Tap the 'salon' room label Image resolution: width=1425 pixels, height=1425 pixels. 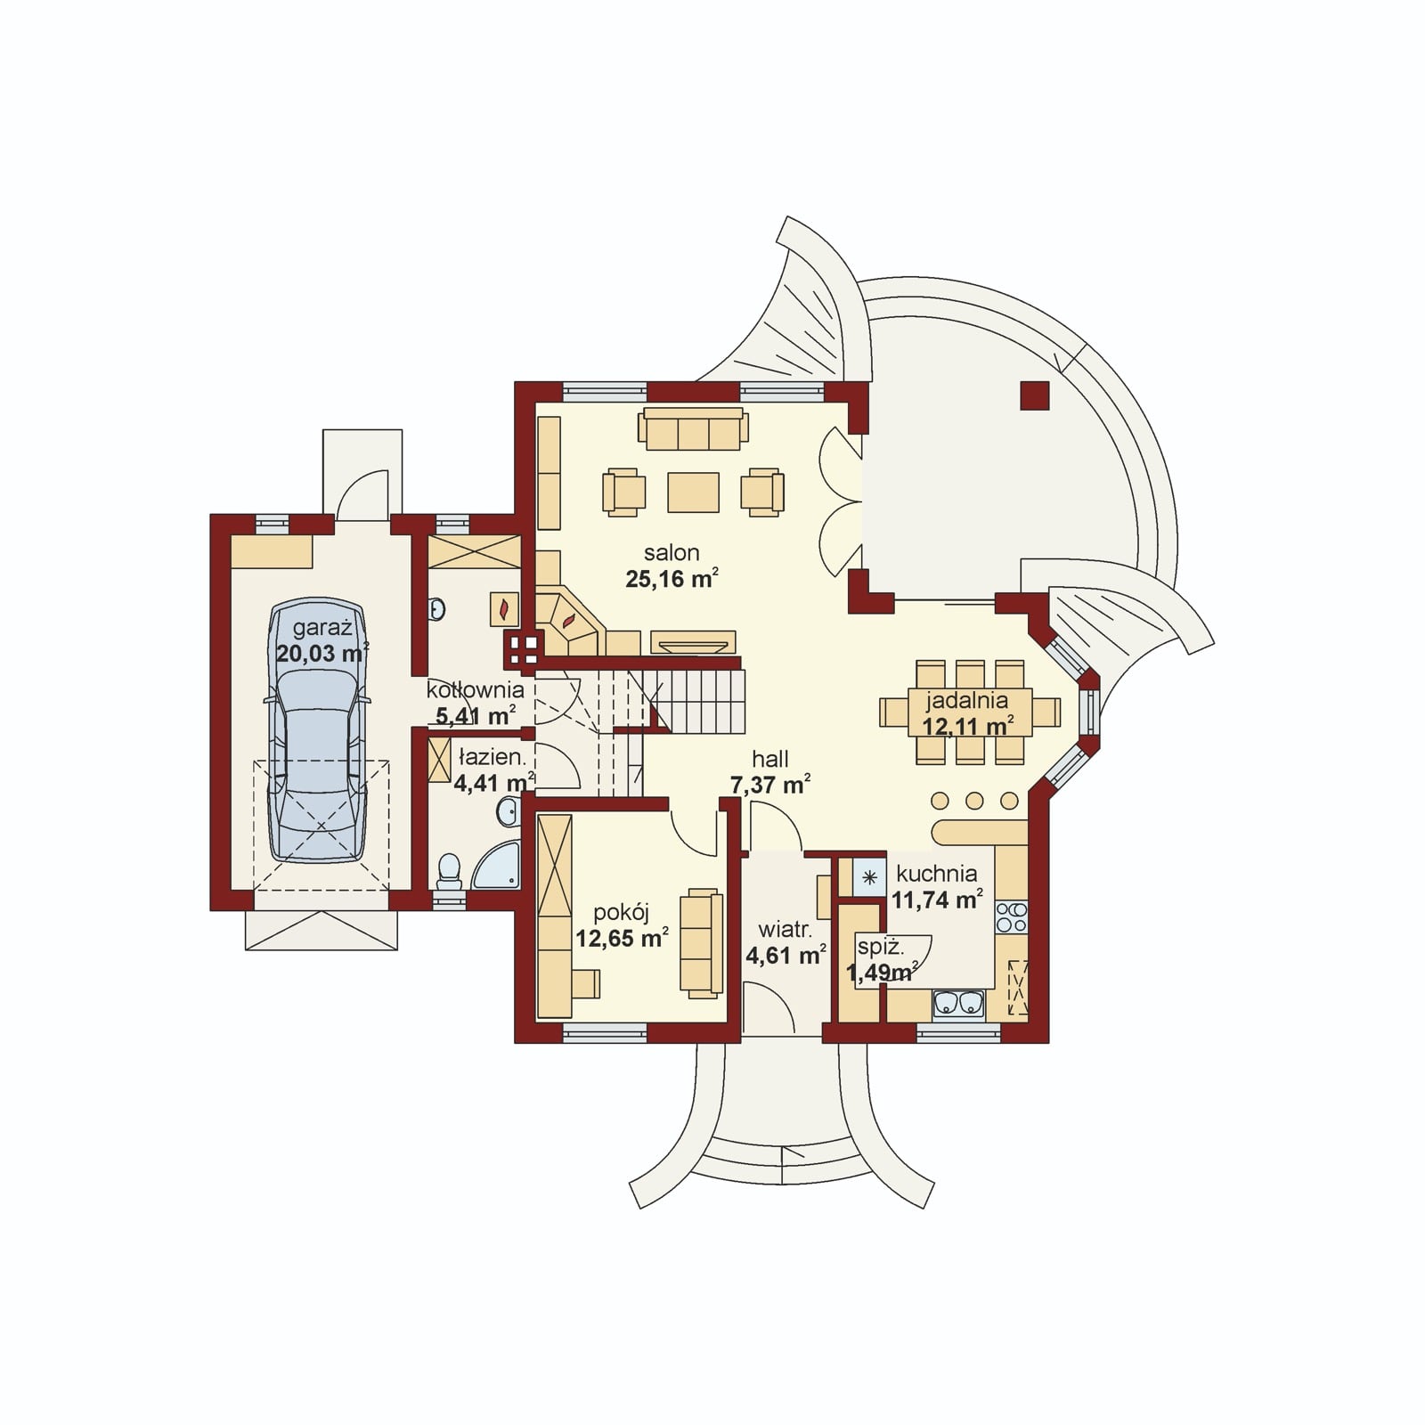point(672,552)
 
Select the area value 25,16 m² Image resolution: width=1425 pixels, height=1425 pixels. point(672,579)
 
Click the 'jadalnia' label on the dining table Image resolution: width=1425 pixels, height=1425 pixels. point(965,700)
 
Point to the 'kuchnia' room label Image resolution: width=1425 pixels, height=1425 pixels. point(936,874)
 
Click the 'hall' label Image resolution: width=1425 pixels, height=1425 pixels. point(770,759)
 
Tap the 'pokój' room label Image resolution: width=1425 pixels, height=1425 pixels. point(622,911)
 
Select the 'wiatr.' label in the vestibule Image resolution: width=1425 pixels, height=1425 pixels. point(784,930)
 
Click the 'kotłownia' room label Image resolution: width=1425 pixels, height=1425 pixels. point(475,689)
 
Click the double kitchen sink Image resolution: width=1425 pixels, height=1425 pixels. point(958,1004)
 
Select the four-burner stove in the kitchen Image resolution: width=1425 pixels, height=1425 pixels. point(1011,916)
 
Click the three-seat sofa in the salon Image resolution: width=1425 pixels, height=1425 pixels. point(690,429)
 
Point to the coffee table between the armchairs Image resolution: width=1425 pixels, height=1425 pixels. point(693,493)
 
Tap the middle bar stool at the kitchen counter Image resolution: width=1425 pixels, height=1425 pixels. point(974,800)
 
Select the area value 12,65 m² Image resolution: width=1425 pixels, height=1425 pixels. point(622,938)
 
